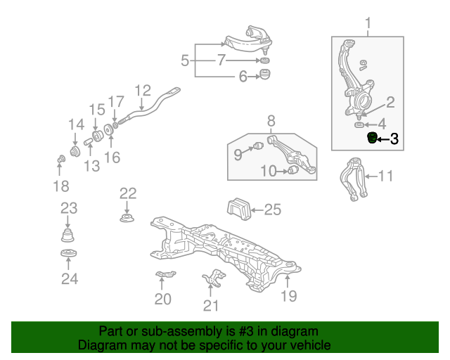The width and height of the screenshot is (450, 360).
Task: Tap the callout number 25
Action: pyautogui.click(x=272, y=209)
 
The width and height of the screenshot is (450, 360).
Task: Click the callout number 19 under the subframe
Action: pyautogui.click(x=290, y=296)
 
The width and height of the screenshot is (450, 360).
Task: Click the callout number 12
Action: pyautogui.click(x=143, y=90)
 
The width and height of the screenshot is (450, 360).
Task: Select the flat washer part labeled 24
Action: pyautogui.click(x=68, y=255)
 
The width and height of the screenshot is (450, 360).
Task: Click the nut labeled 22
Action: pyautogui.click(x=127, y=219)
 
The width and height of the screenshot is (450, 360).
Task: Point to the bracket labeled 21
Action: pyautogui.click(x=212, y=280)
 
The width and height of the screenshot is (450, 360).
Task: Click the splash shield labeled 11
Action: pyautogui.click(x=354, y=179)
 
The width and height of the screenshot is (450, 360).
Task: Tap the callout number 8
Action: pyautogui.click(x=271, y=120)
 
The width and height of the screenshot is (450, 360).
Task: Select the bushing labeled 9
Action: pyautogui.click(x=257, y=146)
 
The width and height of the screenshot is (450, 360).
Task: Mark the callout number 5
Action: pyautogui.click(x=185, y=61)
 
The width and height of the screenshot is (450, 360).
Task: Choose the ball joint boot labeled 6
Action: pyautogui.click(x=266, y=76)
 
